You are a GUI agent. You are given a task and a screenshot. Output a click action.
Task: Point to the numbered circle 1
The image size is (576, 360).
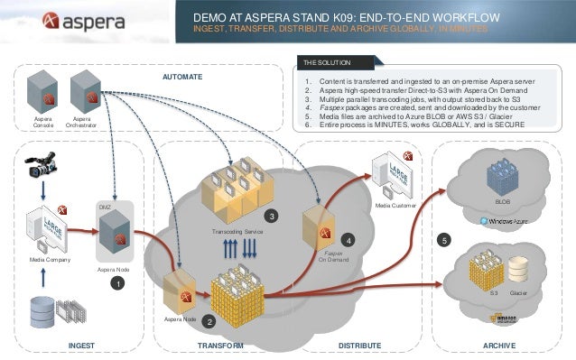[116, 283]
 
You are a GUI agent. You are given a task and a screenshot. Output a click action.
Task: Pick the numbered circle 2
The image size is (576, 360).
[209, 320]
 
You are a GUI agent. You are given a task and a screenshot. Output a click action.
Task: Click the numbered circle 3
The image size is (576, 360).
[270, 216]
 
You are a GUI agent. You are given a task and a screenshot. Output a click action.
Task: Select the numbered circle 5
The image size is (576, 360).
[443, 240]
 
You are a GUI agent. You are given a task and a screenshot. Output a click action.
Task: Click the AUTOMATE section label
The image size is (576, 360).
[182, 78]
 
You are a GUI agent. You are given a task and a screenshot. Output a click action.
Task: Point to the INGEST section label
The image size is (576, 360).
[81, 345]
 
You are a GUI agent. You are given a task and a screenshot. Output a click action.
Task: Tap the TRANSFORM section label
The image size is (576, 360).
[221, 345]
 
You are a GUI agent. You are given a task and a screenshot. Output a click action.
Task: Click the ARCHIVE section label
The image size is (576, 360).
[498, 345]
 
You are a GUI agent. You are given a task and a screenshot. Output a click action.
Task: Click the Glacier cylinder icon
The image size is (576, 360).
[519, 269]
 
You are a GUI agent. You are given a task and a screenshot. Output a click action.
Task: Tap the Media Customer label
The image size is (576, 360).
[395, 206]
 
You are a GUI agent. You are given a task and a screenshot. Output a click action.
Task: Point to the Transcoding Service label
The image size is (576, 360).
[237, 232]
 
